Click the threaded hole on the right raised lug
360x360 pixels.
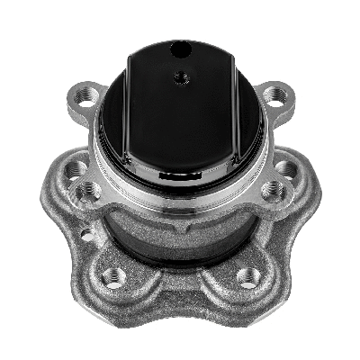click(x=274, y=189)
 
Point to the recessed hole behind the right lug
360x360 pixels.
click(x=285, y=168)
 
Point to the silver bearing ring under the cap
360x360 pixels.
click(x=180, y=193)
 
